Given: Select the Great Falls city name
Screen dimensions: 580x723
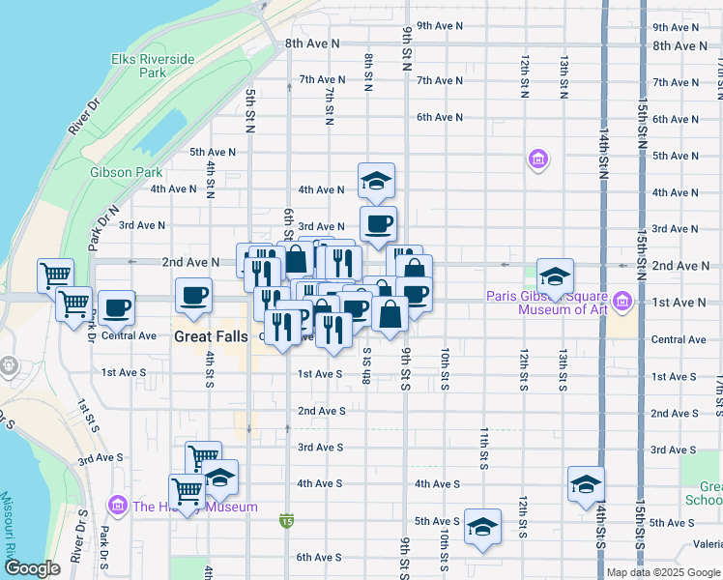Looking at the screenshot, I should tap(213, 337).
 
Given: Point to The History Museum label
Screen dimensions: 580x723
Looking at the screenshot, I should tap(195, 507).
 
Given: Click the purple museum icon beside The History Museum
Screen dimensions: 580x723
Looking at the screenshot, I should tap(119, 506).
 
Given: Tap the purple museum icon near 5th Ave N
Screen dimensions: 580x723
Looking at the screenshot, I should tap(538, 158).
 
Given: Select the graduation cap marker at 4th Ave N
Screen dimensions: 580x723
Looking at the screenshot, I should tap(377, 180).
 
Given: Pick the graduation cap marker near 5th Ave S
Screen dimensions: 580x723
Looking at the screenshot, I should tap(482, 527).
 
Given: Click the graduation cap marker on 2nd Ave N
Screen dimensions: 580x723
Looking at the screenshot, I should tap(555, 276).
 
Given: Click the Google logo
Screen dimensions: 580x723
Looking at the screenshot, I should tap(32, 569).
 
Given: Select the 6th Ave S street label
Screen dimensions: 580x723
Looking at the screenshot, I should tap(320, 557).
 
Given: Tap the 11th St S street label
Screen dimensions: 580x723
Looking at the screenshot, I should tap(483, 445).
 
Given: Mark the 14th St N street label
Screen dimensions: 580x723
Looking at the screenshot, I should tap(603, 154).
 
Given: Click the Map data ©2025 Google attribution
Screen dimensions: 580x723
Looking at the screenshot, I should tap(663, 572).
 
